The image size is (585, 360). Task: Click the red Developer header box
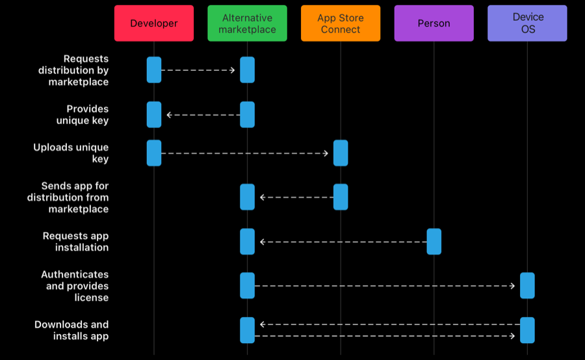153,23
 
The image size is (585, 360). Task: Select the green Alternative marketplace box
248,23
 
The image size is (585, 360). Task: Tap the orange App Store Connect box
341,23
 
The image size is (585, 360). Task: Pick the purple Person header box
434,23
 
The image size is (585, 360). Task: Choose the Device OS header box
527,23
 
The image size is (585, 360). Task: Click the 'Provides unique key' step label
83,114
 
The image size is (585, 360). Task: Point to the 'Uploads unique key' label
71,153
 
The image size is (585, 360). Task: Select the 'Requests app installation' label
76,241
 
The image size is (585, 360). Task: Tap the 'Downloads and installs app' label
71,330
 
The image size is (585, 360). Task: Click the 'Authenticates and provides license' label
75,286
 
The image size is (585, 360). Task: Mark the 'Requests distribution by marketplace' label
73,70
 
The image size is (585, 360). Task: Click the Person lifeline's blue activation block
434,241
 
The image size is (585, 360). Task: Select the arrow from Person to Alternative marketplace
344,242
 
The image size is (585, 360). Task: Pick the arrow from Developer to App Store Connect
245,153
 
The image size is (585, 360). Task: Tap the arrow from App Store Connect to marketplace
296,198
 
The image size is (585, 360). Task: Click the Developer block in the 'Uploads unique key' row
153,153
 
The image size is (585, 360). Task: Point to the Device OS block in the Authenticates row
527,285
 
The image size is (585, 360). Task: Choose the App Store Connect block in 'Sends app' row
341,197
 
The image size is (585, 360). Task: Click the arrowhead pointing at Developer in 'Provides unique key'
169,115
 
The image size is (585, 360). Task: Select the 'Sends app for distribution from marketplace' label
68,198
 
